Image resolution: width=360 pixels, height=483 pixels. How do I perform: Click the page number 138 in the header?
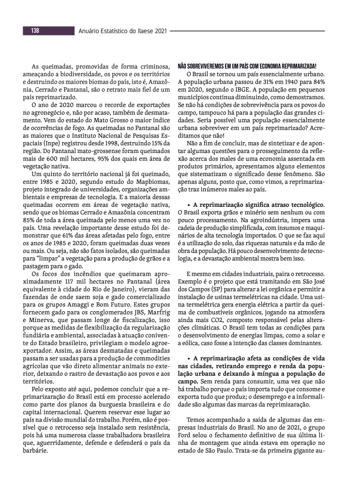point(35,31)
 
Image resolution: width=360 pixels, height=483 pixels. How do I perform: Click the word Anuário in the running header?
point(92,31)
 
